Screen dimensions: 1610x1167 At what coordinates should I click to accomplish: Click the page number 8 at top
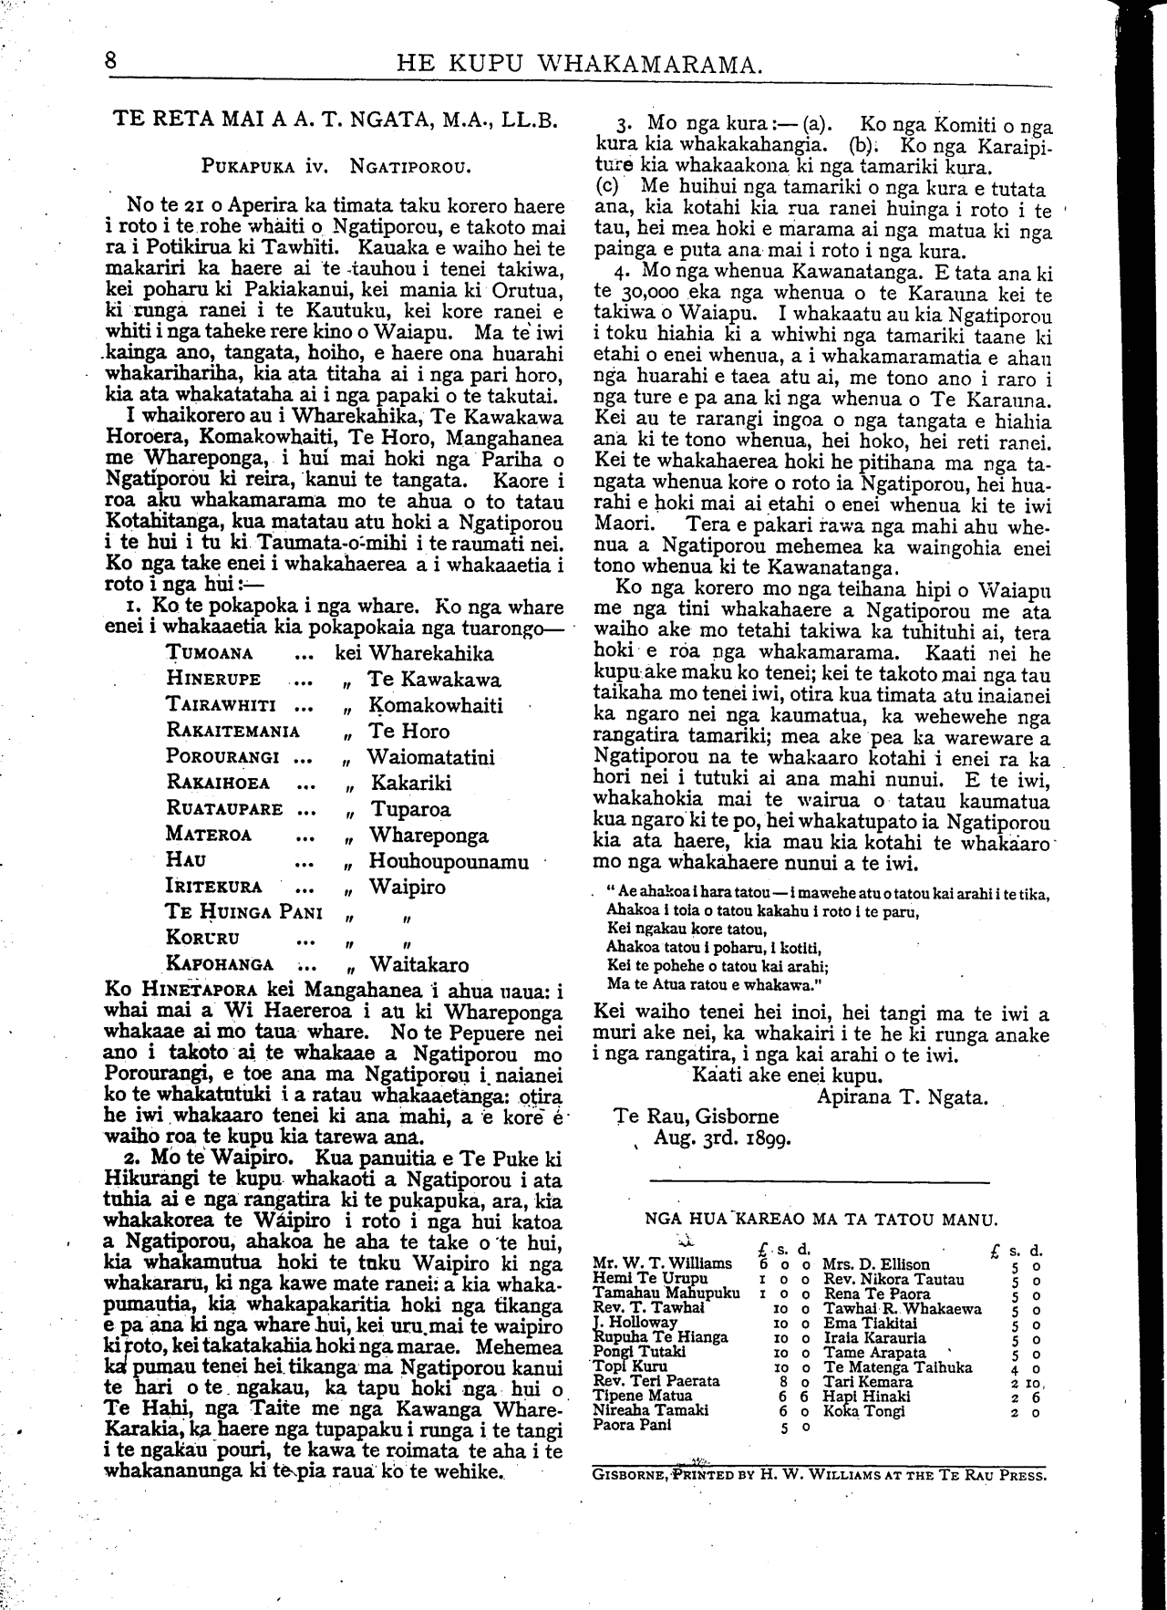tap(111, 61)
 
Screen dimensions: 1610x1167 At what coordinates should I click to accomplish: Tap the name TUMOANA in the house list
tap(210, 653)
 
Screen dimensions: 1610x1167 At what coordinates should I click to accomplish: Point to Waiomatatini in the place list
tap(430, 757)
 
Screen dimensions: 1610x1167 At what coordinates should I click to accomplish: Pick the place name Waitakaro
tap(419, 965)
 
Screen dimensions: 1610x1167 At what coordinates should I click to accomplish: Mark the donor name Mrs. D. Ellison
tap(876, 1264)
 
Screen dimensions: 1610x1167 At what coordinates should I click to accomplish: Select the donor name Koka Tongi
tap(863, 1410)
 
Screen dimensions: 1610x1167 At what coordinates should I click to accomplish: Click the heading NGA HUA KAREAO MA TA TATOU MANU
tap(821, 1218)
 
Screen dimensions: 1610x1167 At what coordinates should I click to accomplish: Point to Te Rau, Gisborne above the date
tap(697, 1116)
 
